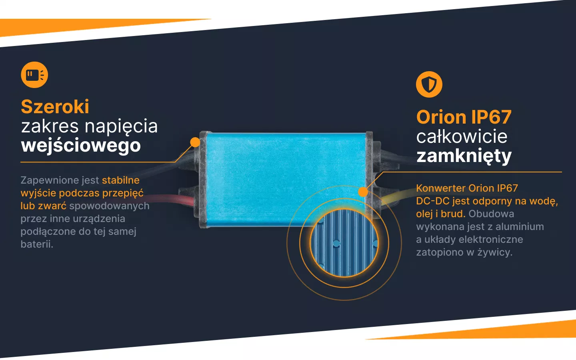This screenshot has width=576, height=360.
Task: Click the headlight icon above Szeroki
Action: click(x=34, y=75)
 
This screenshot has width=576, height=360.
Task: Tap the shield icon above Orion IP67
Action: click(x=429, y=84)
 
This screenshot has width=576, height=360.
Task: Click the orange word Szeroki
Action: click(x=55, y=107)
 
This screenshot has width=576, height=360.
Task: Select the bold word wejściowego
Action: click(x=81, y=145)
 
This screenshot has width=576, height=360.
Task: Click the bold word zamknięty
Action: click(x=464, y=156)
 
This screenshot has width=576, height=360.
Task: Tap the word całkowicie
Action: click(x=462, y=137)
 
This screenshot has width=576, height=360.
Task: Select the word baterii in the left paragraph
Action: click(x=37, y=244)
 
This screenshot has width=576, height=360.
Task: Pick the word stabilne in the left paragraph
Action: click(x=120, y=180)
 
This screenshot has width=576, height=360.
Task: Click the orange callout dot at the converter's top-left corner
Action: click(x=195, y=142)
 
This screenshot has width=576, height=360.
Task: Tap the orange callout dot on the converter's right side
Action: click(x=363, y=192)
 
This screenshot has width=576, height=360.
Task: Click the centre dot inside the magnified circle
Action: click(x=336, y=243)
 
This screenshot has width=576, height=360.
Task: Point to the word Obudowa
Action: click(x=491, y=214)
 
